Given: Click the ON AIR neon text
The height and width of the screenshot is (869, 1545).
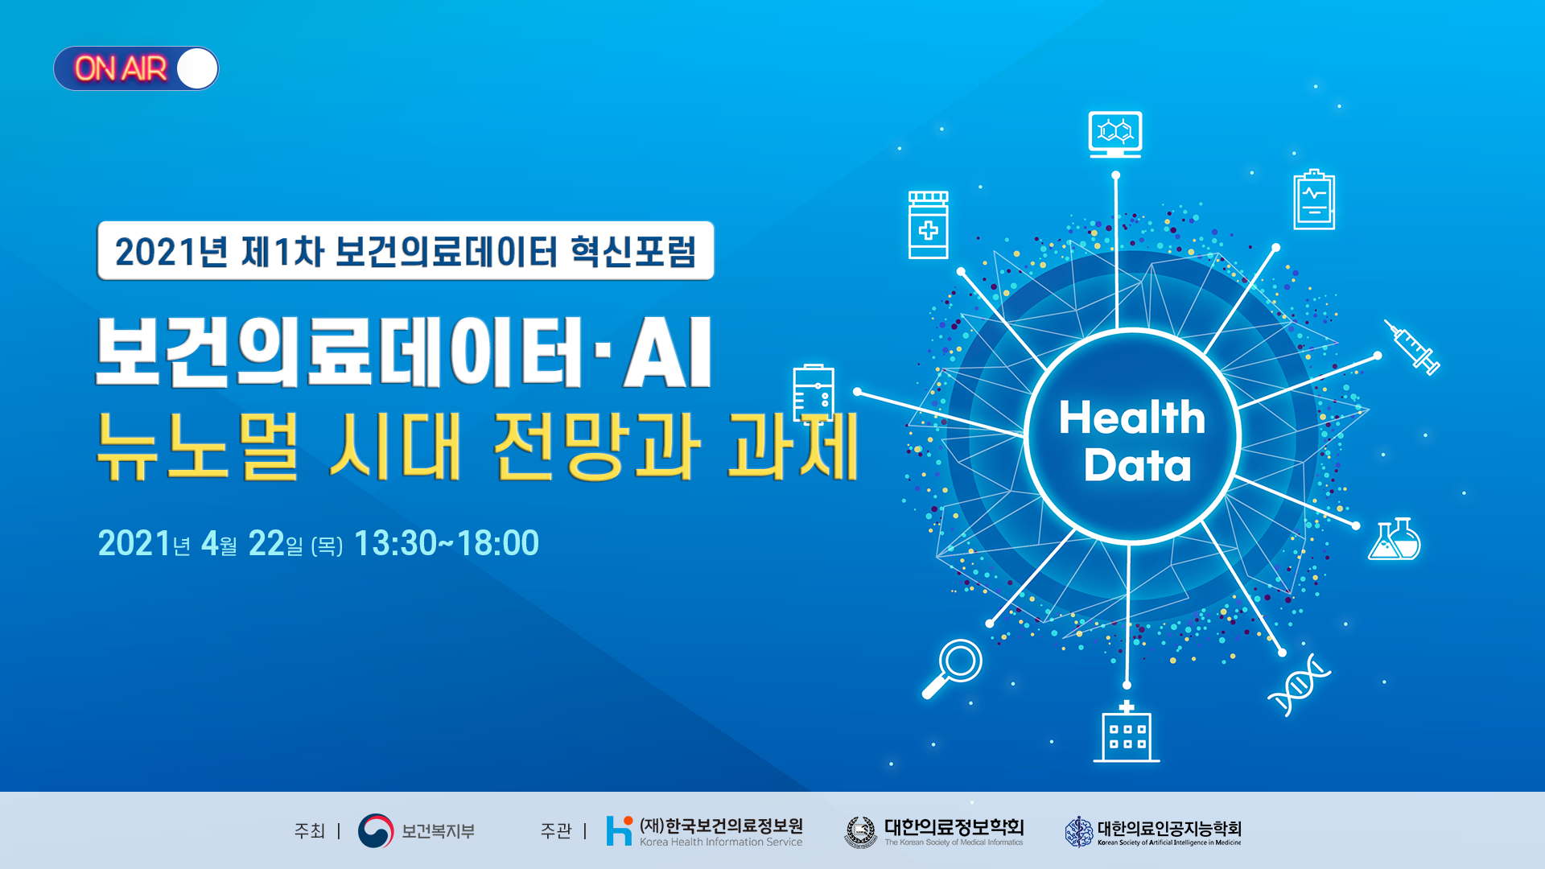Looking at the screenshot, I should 121,69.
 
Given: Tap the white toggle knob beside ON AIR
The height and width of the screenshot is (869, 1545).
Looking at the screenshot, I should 197,68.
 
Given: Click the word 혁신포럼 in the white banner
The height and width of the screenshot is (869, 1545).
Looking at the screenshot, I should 632,251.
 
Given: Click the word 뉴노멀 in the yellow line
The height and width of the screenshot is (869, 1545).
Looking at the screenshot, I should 197,447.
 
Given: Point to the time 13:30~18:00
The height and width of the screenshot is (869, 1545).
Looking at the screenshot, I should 447,543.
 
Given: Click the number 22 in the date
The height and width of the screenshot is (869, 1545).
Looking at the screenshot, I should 266,543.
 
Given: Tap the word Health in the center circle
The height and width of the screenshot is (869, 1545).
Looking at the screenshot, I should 1131,418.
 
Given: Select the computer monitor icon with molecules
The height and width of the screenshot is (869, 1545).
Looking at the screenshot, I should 1114,134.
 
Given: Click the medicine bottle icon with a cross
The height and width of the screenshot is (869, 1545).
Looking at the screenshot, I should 928,225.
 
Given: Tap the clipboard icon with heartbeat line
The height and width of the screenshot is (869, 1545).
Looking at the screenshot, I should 1313,200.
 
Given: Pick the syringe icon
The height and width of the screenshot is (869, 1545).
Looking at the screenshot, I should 1412,348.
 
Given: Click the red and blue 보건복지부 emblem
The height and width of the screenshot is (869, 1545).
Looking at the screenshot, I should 376,830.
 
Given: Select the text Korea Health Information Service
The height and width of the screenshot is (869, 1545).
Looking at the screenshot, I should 720,842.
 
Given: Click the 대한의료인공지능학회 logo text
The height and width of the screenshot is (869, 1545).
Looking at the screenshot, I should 1168,828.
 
